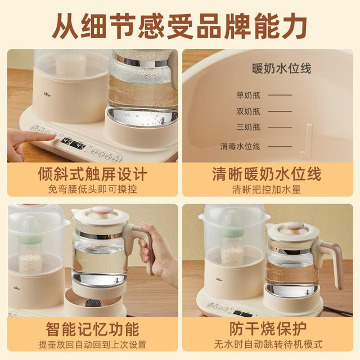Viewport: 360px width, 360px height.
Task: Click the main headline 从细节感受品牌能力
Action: (x=180, y=25)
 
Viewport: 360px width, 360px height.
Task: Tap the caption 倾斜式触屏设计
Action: (x=92, y=174)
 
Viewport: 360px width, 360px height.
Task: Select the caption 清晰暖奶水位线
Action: (x=267, y=174)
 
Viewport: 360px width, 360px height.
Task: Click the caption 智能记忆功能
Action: (x=92, y=329)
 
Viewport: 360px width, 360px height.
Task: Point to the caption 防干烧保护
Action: (x=268, y=329)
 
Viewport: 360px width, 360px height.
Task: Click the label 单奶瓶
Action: (x=249, y=95)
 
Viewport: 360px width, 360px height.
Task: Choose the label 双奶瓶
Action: (x=249, y=111)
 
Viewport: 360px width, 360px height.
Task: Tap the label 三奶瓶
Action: (x=249, y=127)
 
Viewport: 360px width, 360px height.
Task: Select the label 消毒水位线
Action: (x=240, y=146)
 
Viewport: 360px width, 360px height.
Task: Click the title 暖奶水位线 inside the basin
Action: (x=281, y=69)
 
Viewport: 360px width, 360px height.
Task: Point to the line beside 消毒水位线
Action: (x=280, y=146)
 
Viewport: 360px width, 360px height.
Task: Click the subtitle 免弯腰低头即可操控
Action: (x=92, y=190)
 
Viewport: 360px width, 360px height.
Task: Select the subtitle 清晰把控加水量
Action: (x=267, y=190)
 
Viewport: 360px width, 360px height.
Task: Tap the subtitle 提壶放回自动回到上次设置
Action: (x=92, y=344)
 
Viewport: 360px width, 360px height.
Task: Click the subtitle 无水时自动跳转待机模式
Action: (x=268, y=344)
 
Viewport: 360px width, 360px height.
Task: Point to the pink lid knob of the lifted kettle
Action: (x=102, y=210)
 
